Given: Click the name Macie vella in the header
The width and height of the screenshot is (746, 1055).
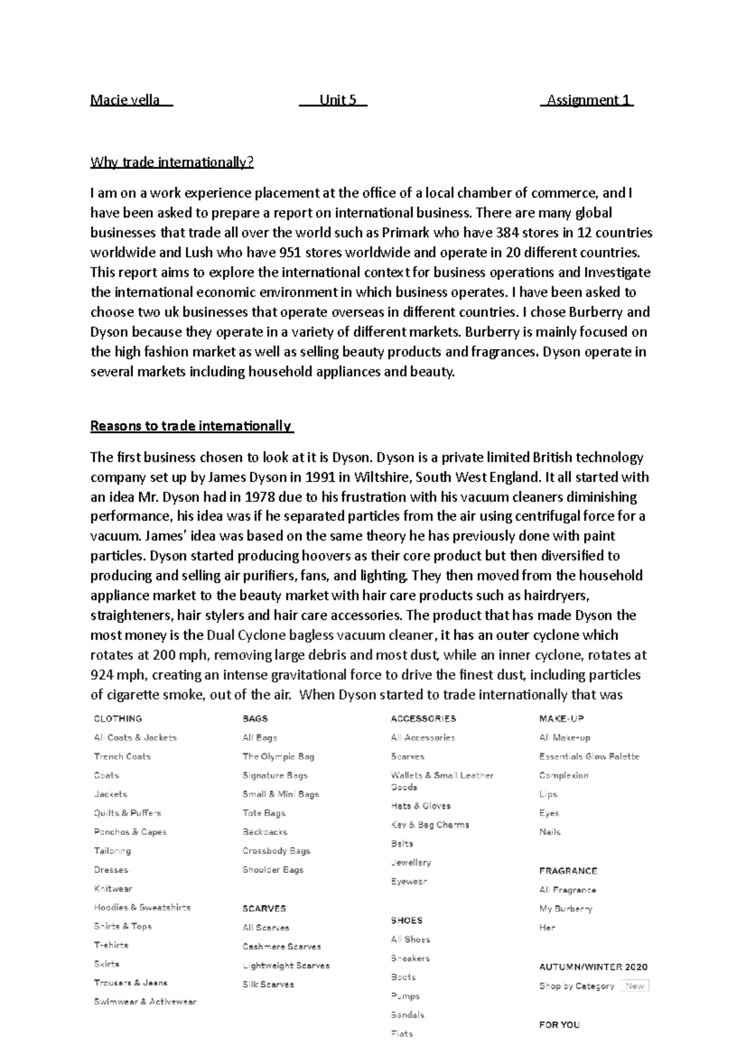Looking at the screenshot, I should point(125,100).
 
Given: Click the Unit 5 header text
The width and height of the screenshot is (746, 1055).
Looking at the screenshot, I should point(338,100).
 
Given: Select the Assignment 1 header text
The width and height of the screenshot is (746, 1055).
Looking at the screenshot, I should point(588,100).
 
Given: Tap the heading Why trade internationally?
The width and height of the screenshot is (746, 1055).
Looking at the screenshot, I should point(172,163).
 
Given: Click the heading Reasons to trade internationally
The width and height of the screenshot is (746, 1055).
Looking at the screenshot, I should point(191,426).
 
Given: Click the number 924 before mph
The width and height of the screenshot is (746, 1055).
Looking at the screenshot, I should point(102,675).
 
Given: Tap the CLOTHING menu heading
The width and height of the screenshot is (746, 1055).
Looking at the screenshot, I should point(117,719).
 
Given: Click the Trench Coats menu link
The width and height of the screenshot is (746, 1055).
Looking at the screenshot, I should point(122,757).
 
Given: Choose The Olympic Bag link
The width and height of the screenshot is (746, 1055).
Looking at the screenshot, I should point(279,757).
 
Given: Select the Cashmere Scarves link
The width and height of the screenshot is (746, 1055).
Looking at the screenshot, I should point(282,947).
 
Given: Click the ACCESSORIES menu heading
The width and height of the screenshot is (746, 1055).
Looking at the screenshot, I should point(423,719).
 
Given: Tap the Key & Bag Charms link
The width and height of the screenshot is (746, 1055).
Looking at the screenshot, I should point(430,825).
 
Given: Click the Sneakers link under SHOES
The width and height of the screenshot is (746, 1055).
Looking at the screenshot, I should point(410,959).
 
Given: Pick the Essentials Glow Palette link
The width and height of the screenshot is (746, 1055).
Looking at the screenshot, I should point(589,757).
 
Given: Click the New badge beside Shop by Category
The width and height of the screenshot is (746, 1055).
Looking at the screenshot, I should point(635,986).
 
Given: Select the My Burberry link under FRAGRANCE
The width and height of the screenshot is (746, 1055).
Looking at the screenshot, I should point(566,909).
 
